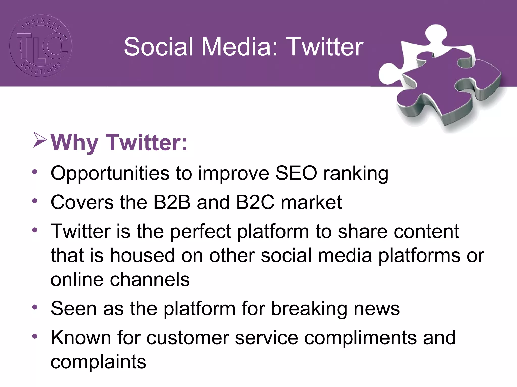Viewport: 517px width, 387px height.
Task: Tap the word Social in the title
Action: coord(159,47)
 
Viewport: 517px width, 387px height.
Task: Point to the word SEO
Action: coord(296,173)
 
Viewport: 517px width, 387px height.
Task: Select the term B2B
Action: coord(172,202)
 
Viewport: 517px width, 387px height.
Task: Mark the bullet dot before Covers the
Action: coord(35,201)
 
